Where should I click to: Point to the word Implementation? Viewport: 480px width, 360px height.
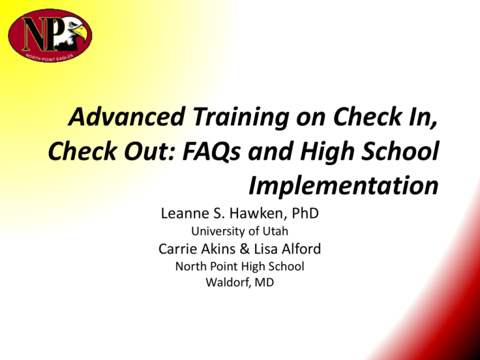pyautogui.click(x=342, y=186)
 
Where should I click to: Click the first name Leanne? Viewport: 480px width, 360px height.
pyautogui.click(x=185, y=214)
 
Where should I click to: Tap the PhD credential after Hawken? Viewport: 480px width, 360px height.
pyautogui.click(x=305, y=214)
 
